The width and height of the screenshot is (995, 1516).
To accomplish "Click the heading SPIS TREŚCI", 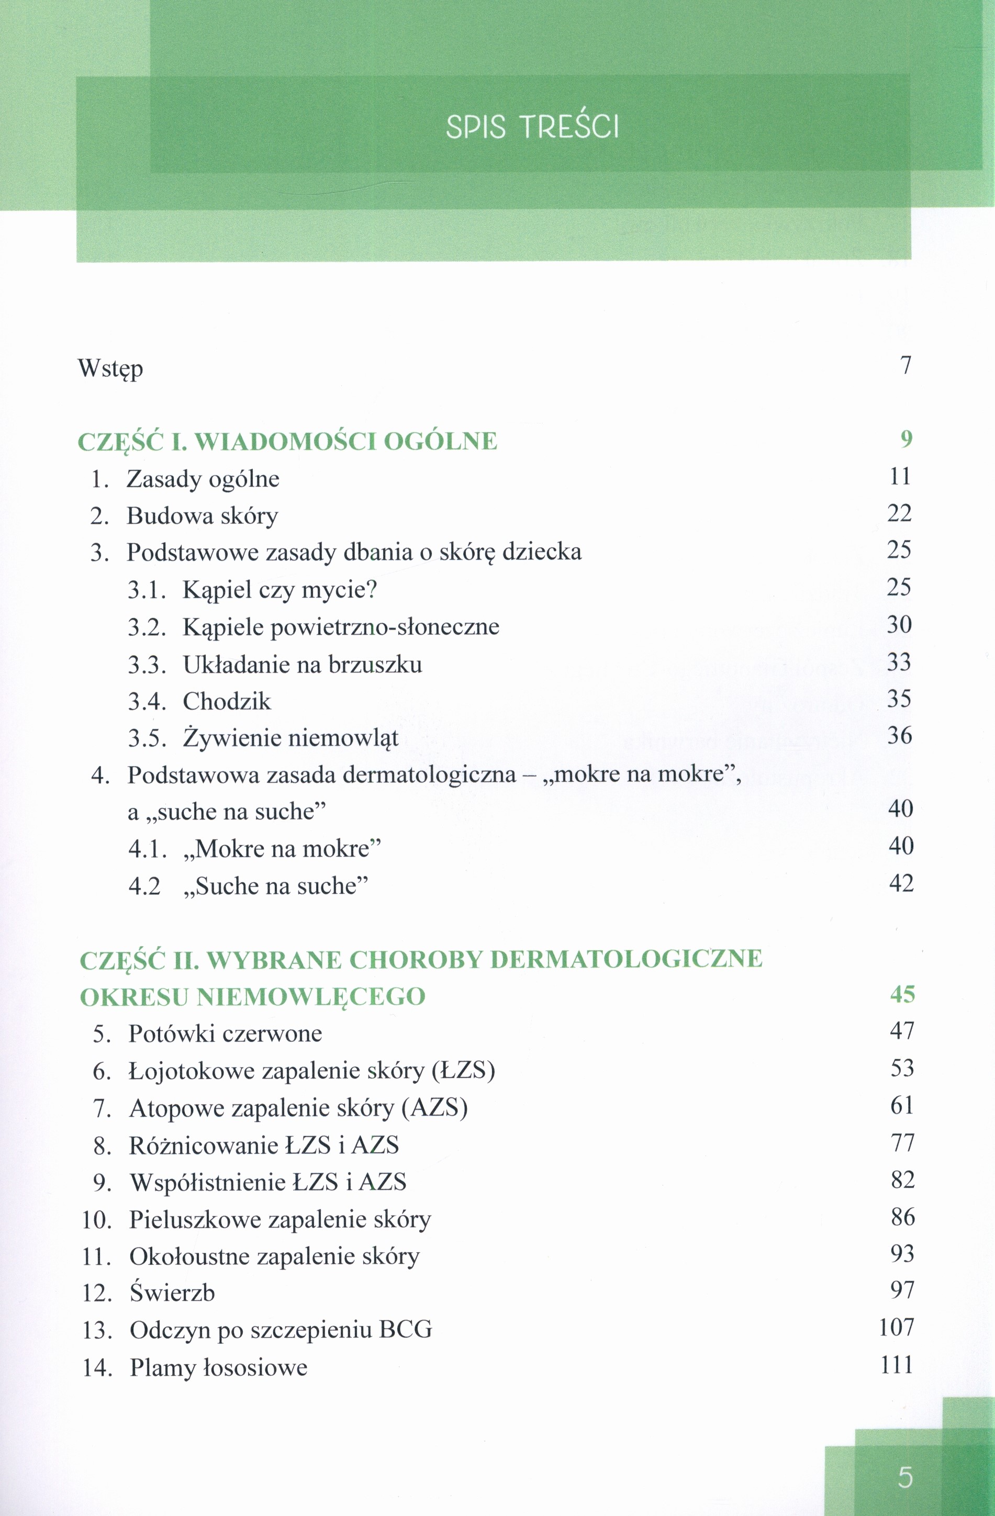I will pos(532,127).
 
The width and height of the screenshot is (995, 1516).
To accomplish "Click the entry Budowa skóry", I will pos(202,516).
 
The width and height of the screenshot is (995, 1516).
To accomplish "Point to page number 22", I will pos(899,513).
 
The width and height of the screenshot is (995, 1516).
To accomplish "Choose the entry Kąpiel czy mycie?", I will pos(280,590).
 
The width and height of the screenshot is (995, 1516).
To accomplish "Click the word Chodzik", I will pos(227,702).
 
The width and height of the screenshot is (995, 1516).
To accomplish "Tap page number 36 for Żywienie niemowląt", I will pos(899,736).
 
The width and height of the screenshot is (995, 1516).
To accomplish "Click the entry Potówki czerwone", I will pos(225,1033).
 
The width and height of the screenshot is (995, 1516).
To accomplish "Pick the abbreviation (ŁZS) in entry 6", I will pos(463,1071).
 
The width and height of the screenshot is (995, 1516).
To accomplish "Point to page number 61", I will pos(902,1105).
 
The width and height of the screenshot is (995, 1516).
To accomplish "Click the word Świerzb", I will pos(172,1293).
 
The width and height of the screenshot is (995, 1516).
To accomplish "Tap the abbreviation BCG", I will pos(405,1330).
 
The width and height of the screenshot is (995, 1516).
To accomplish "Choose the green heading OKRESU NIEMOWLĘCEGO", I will pos(252,997).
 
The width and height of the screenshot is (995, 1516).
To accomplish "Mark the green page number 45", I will pos(902,994).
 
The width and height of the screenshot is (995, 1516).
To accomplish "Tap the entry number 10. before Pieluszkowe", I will pos(97,1220).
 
